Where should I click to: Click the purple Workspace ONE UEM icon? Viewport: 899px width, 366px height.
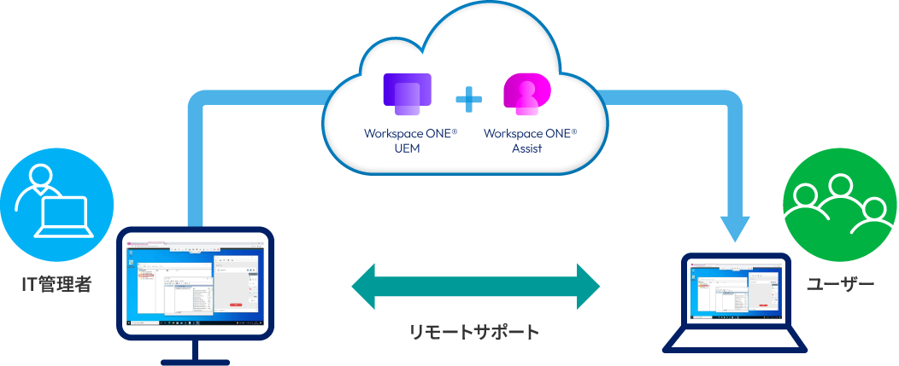coord(408,94)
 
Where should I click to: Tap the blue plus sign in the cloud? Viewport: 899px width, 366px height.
coord(468,100)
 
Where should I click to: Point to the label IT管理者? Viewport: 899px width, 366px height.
coord(56,285)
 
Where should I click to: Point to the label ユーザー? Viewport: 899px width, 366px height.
coord(840,284)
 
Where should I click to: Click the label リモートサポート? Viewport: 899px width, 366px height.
coord(474,332)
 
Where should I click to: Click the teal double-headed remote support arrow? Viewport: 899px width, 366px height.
coord(476,285)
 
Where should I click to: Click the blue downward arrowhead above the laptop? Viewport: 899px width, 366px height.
coord(736,228)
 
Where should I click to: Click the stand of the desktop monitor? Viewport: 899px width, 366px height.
coord(195,351)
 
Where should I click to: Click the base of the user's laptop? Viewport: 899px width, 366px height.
coord(736,341)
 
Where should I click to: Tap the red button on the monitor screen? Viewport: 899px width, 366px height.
coord(234,304)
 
